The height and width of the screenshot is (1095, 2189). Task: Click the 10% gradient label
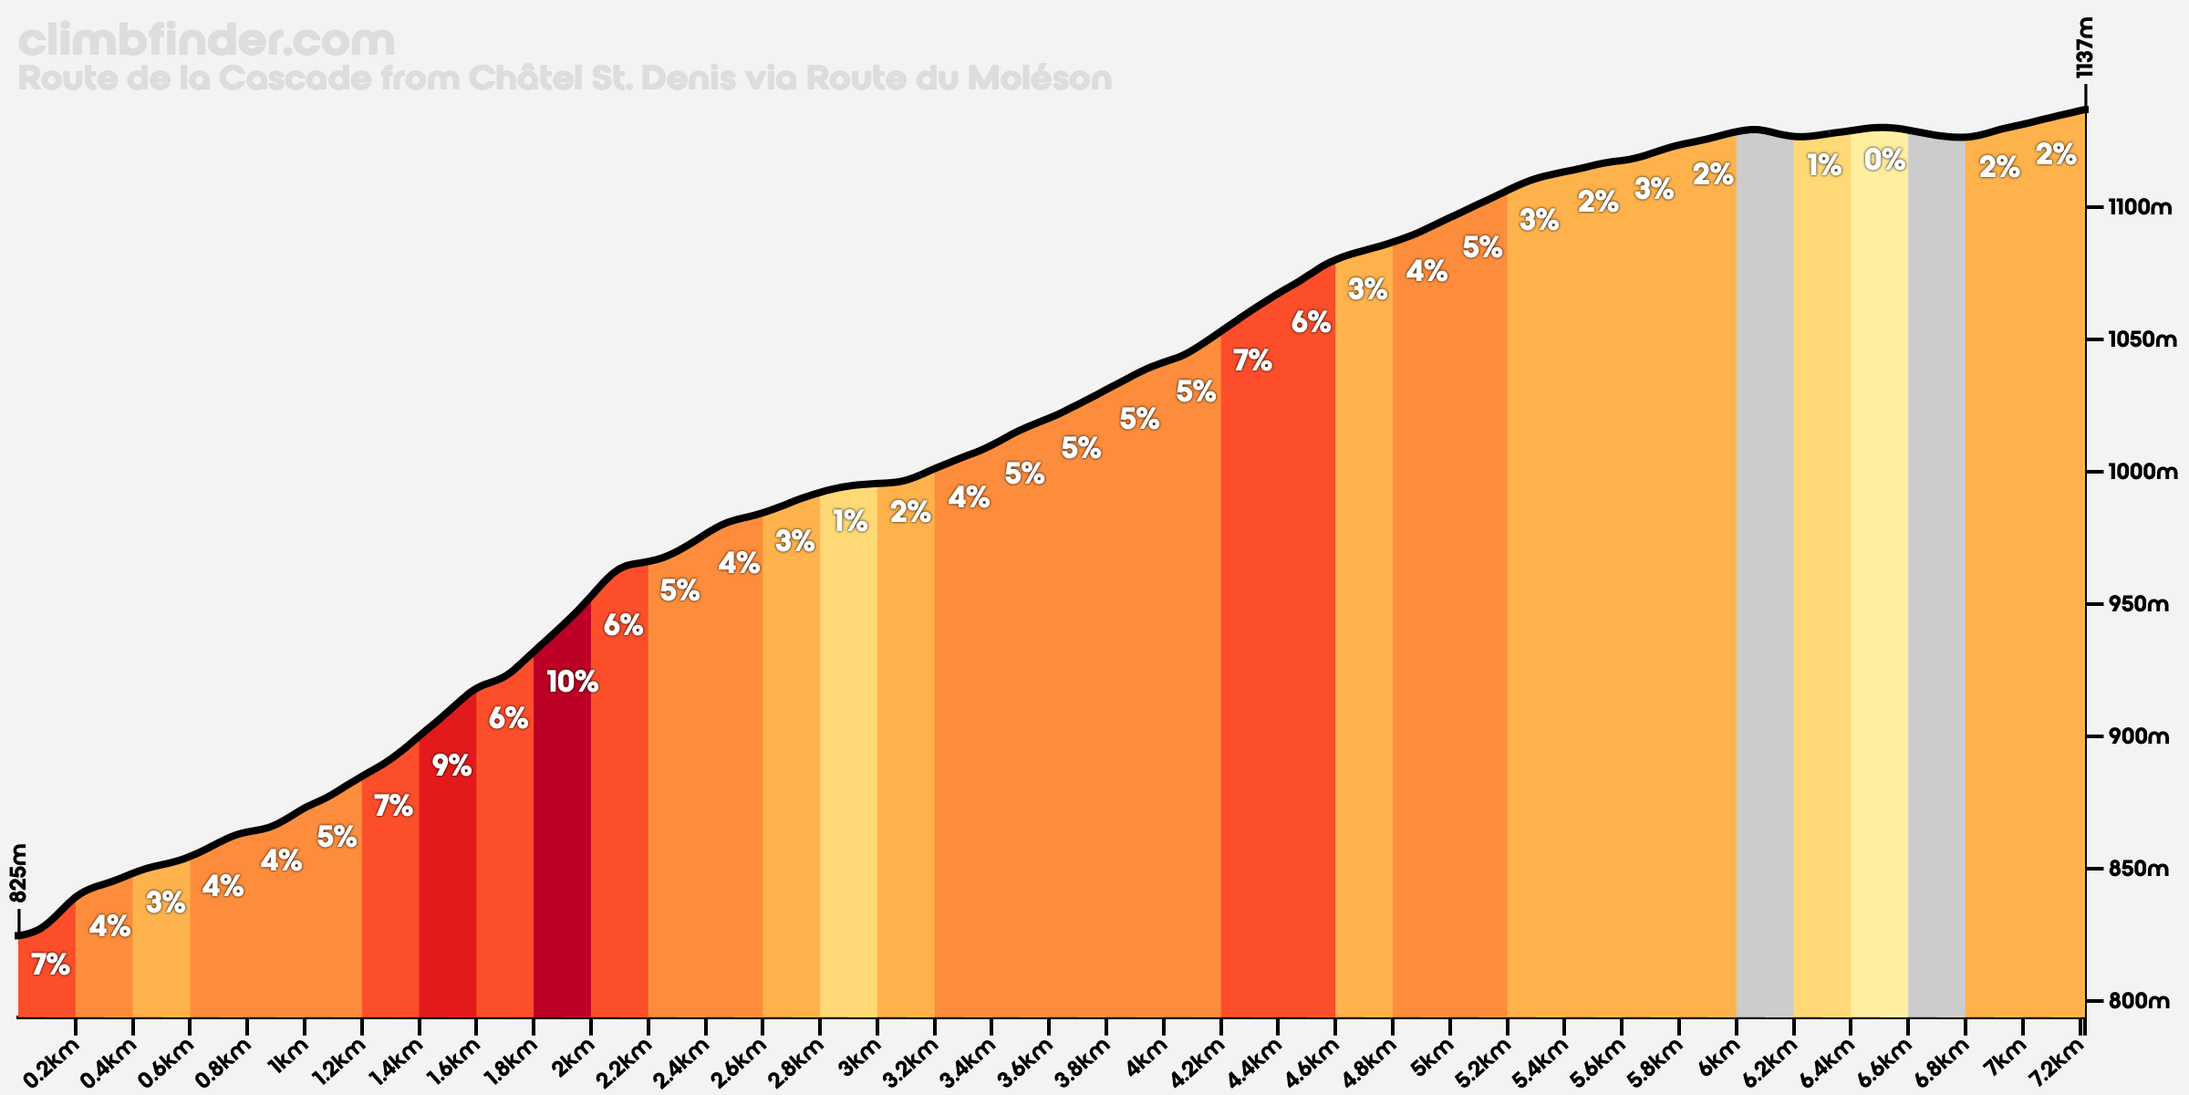pyautogui.click(x=572, y=682)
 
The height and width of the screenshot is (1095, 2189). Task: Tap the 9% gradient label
pyautogui.click(x=451, y=766)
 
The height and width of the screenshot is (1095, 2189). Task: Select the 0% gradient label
pyautogui.click(x=1884, y=161)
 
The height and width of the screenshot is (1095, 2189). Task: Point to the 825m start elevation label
pyautogui.click(x=19, y=872)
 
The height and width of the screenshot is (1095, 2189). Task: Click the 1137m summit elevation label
pyautogui.click(x=2083, y=47)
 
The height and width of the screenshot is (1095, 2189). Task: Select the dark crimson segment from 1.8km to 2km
pyautogui.click(x=562, y=867)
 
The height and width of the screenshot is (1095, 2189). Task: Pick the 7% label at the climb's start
pyautogui.click(x=50, y=965)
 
